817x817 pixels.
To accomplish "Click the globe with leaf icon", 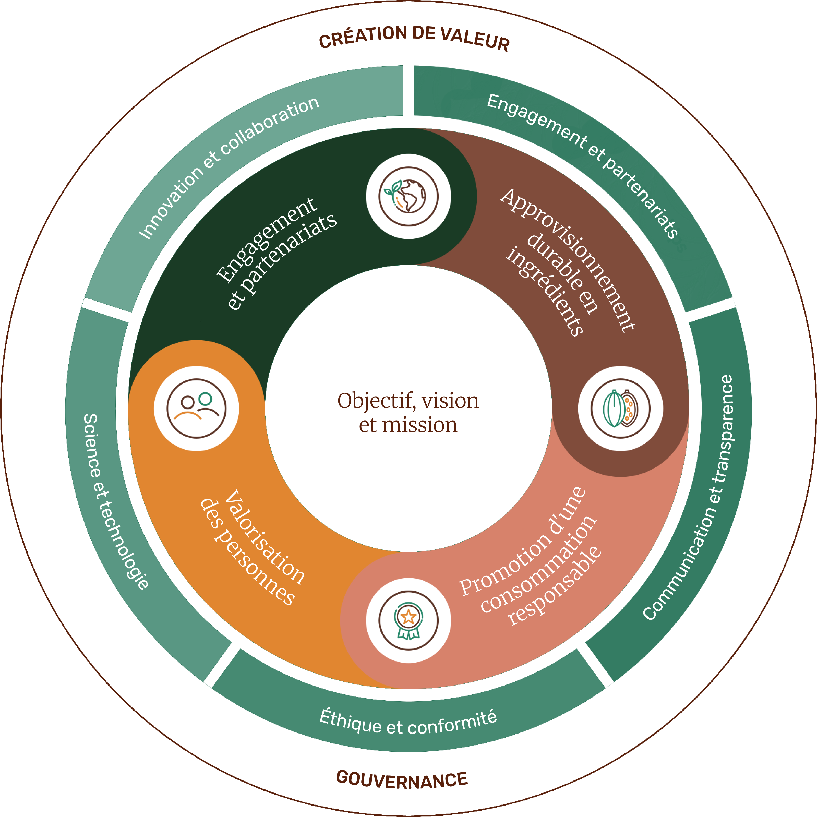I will click(x=408, y=196).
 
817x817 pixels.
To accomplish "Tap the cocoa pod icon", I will click(x=620, y=408).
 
